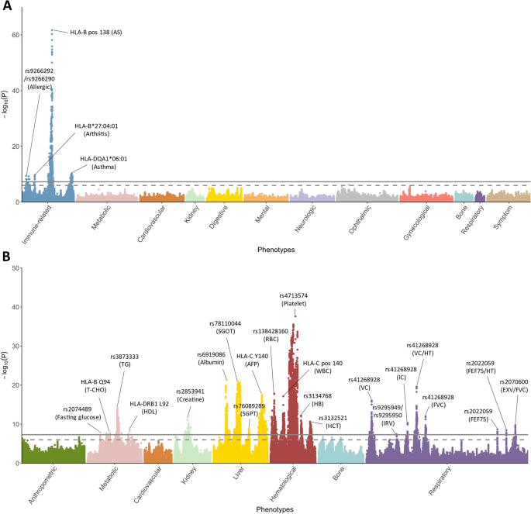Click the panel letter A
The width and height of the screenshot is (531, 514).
[6, 7]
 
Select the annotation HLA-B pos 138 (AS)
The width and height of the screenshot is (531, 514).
[96, 32]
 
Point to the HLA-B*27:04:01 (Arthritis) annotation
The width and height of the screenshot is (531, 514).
[97, 129]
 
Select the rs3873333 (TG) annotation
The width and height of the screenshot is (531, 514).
[125, 361]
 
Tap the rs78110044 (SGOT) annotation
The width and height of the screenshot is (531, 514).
[226, 327]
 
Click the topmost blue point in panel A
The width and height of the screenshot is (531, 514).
[52, 30]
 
